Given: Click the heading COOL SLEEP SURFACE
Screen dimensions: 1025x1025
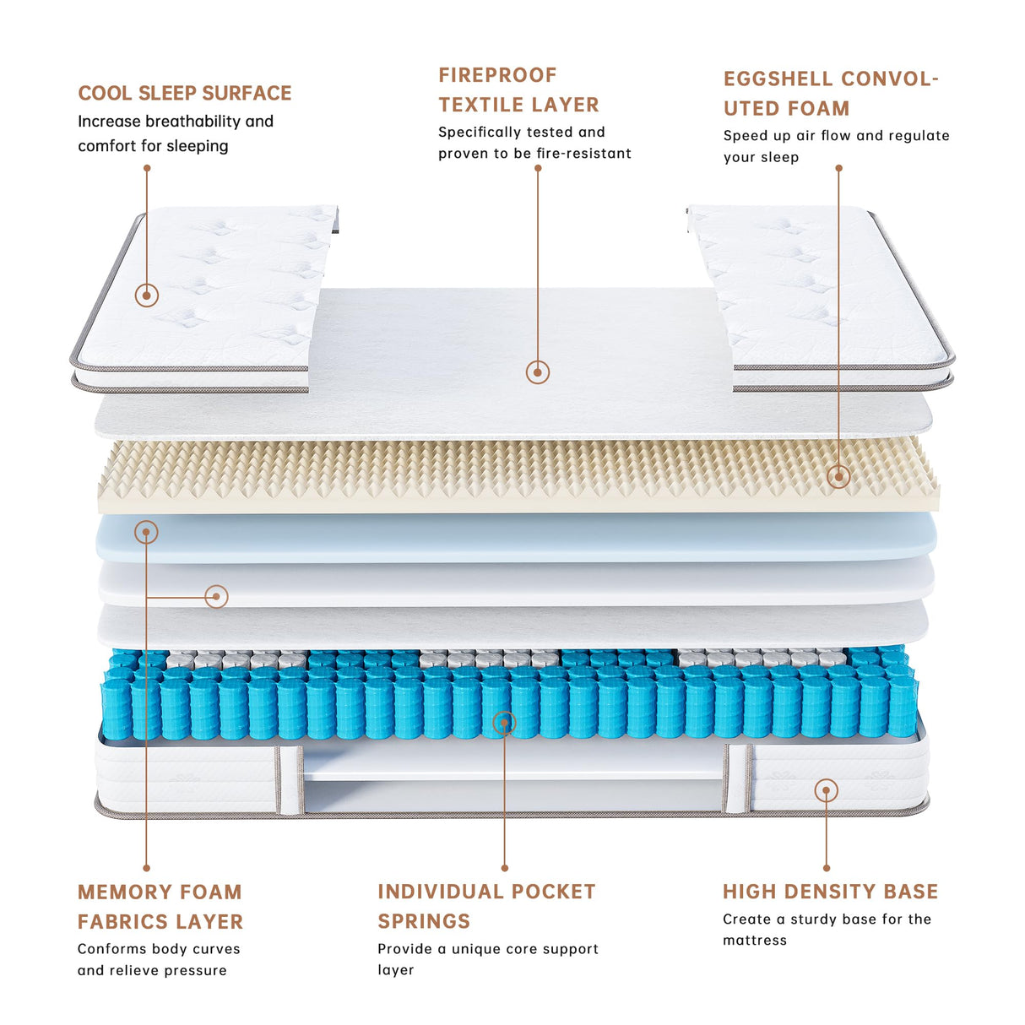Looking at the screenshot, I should [x=184, y=93].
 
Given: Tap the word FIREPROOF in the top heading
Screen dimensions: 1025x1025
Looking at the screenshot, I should [x=497, y=75].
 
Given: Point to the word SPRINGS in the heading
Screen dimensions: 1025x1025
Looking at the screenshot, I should [x=424, y=921].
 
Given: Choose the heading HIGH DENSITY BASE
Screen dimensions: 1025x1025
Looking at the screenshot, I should [x=830, y=892].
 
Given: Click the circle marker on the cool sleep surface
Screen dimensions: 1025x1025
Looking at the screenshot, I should [x=147, y=295].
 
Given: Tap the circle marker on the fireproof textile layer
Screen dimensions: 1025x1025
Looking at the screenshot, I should [x=538, y=371].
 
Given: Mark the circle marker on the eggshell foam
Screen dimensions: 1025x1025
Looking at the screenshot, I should [x=838, y=476].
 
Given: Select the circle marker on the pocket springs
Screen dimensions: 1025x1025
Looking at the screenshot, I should [x=504, y=723].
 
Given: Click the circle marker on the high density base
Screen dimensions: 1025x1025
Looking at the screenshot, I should [x=827, y=791].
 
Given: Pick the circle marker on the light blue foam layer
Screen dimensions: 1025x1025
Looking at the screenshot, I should [x=146, y=532].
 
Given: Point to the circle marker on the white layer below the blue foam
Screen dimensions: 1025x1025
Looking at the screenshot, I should [x=217, y=597].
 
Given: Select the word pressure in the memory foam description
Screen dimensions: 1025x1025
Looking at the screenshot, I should [x=195, y=971].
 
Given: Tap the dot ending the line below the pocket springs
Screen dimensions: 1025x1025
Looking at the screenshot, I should [x=505, y=868].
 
